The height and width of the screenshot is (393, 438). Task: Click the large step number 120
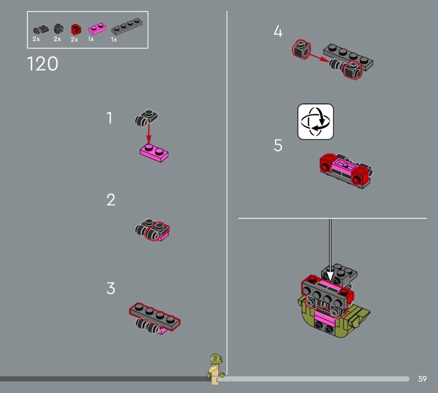tap(43, 63)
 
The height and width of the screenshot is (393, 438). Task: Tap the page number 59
tap(422, 379)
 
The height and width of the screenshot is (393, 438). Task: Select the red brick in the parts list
tap(76, 30)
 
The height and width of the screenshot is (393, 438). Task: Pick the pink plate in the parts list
tap(97, 28)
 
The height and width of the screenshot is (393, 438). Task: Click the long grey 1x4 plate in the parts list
tap(127, 26)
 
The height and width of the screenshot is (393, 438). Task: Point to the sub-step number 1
tap(109, 118)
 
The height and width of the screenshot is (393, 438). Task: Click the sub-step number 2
tap(111, 200)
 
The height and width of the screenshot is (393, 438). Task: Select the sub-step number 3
tap(111, 288)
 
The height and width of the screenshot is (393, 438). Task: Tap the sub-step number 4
tap(278, 31)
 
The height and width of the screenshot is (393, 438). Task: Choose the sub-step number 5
tap(278, 146)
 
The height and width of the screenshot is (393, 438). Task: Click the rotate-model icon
tap(316, 122)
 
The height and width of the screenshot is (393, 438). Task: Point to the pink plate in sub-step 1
tap(154, 153)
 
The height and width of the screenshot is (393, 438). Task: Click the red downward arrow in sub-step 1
tap(148, 134)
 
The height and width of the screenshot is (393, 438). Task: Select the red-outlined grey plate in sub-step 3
tap(155, 316)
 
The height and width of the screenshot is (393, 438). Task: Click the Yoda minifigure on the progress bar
tap(216, 369)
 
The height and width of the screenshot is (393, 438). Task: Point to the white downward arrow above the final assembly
tap(330, 250)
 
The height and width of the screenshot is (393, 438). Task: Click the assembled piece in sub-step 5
tap(346, 171)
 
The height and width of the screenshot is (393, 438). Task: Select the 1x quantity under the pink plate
tap(91, 39)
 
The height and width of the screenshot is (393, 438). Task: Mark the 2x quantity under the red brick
tap(74, 39)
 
